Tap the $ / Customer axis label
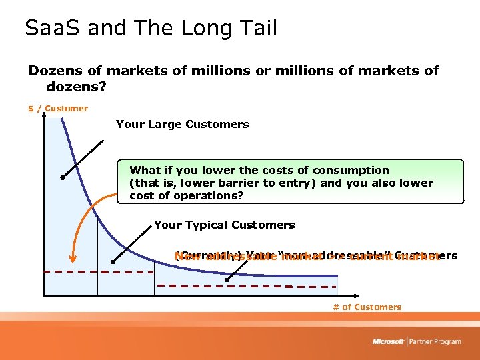[x=58, y=109]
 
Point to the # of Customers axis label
[x=367, y=307]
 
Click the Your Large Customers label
[x=182, y=124]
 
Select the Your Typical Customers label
[x=224, y=225]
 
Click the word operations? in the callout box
[x=212, y=196]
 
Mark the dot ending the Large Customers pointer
[x=61, y=177]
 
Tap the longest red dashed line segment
[x=247, y=285]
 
